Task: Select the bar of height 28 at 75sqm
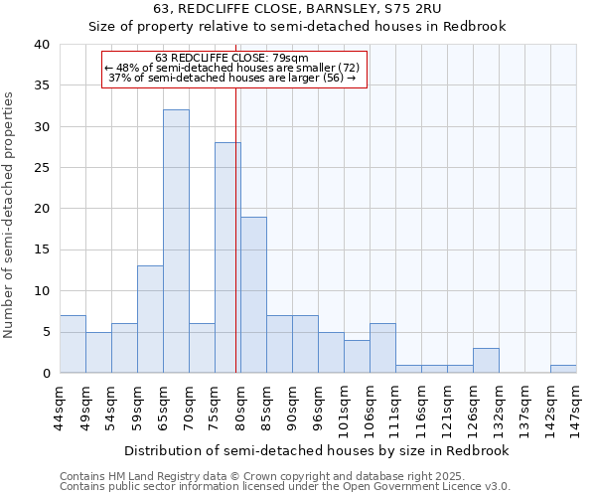point(227,257)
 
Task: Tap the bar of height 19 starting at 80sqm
point(253,294)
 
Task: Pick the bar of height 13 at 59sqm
point(150,319)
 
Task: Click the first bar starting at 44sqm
point(73,344)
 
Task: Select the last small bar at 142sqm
point(563,369)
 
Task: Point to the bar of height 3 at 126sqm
point(486,361)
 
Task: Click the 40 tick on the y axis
point(42,45)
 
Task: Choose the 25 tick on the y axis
point(42,168)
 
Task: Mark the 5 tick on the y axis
point(46,332)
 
